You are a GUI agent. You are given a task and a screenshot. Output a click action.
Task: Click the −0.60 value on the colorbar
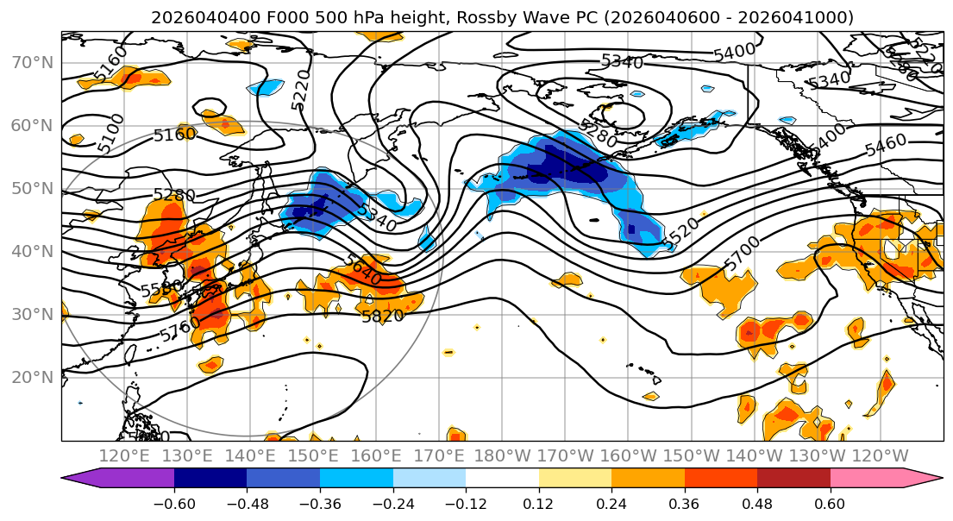click(174, 503)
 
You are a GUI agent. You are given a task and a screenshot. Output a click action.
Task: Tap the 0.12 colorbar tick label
click(539, 503)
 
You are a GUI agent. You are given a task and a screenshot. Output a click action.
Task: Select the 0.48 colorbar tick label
click(757, 503)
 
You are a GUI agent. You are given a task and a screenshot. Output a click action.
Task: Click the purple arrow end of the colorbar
click(82, 480)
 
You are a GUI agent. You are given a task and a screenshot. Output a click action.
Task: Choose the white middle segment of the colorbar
click(502, 480)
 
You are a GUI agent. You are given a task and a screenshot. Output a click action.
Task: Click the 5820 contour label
click(382, 317)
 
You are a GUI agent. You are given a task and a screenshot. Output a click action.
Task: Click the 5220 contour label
click(301, 91)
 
